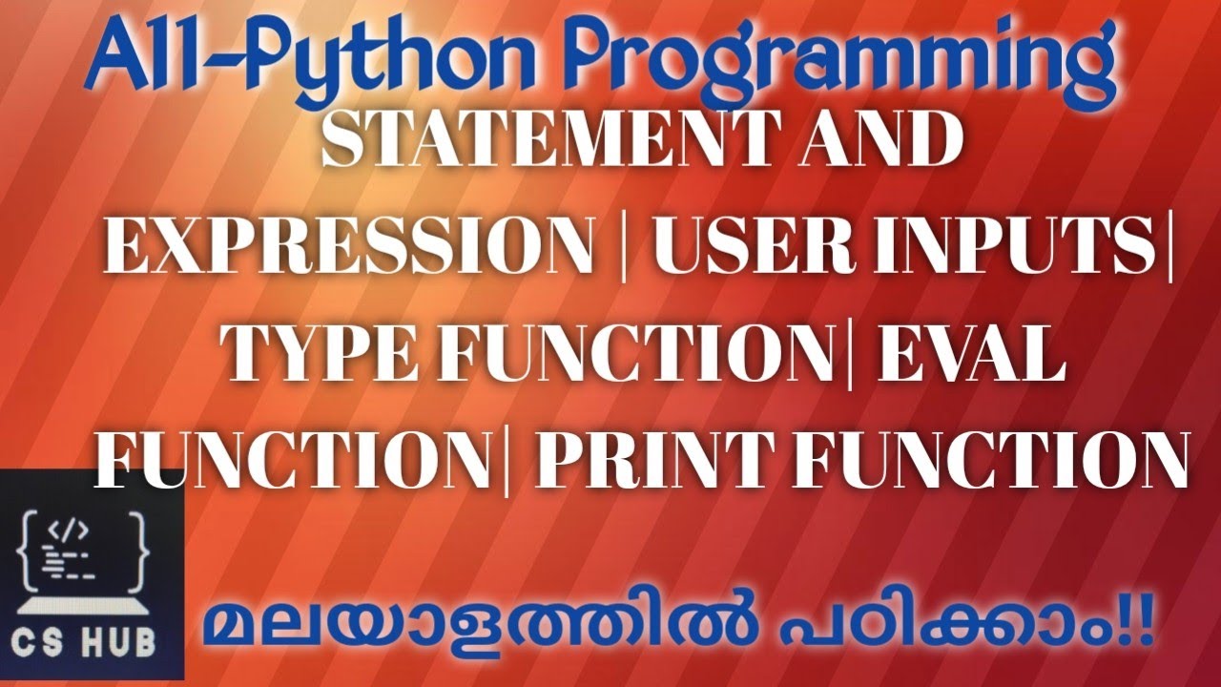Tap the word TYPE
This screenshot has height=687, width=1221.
coord(322,353)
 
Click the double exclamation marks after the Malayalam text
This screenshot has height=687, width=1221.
coord(1141,625)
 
